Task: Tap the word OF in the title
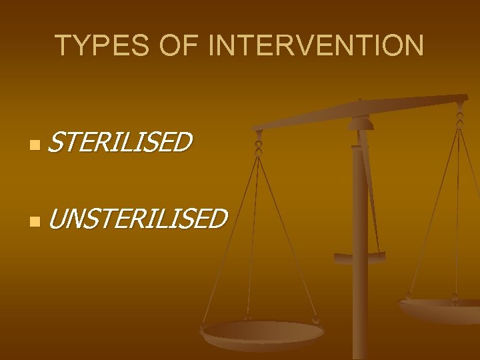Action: tap(172, 45)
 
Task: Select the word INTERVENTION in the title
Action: tap(315, 45)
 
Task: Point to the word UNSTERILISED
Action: tap(137, 218)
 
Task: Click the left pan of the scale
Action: tap(263, 333)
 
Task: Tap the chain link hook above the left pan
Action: tap(258, 143)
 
